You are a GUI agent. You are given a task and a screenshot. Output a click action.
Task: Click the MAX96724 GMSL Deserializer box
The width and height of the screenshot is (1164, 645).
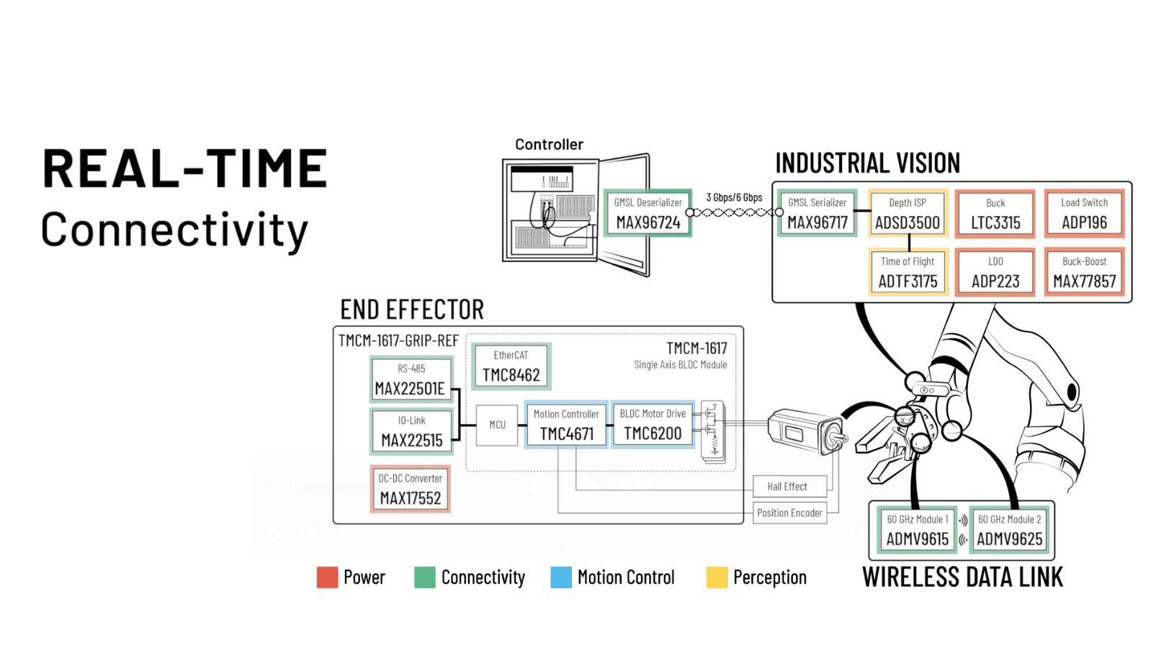tap(648, 213)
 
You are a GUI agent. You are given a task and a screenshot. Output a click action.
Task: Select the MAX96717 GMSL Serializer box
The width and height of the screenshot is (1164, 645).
tap(818, 213)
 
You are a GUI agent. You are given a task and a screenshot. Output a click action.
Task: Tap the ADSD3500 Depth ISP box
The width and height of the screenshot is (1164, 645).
tap(908, 213)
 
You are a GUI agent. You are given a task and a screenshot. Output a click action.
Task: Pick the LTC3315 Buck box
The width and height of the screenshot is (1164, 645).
tap(995, 213)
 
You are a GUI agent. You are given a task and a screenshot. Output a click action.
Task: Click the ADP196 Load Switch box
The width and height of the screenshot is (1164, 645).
tap(1084, 213)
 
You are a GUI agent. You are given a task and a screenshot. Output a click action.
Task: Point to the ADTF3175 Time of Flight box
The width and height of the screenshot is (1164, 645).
tap(908, 272)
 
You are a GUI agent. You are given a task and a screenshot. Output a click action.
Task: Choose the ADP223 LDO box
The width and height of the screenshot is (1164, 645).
tap(995, 272)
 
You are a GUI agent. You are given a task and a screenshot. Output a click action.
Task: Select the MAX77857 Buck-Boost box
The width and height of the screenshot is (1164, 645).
tap(1084, 272)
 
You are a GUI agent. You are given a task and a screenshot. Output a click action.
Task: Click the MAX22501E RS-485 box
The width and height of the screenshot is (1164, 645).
tap(411, 379)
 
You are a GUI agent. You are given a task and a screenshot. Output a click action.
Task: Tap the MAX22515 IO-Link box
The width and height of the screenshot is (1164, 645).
tap(411, 431)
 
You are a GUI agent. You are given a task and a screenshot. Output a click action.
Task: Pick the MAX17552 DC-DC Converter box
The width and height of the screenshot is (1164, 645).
tap(411, 489)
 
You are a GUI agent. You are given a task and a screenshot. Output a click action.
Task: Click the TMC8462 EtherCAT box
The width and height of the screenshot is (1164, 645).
tap(511, 366)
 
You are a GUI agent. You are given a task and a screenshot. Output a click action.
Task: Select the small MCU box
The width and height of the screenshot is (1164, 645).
tap(497, 425)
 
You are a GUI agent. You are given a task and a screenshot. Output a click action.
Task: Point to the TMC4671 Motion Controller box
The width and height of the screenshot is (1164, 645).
tap(566, 425)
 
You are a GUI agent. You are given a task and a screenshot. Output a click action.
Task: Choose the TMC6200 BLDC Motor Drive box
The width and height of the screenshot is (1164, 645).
tap(653, 425)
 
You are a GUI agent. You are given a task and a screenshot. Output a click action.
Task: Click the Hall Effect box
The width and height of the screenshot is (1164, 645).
tap(787, 487)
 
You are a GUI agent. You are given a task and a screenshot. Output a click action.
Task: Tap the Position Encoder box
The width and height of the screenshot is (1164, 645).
tap(789, 513)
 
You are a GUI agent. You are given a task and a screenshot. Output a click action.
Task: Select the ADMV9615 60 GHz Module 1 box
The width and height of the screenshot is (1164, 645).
tap(917, 530)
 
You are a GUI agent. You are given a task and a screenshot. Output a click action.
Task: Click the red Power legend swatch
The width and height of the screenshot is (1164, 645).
tap(327, 577)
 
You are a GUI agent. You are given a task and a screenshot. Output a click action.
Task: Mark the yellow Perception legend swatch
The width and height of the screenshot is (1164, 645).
tap(717, 577)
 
